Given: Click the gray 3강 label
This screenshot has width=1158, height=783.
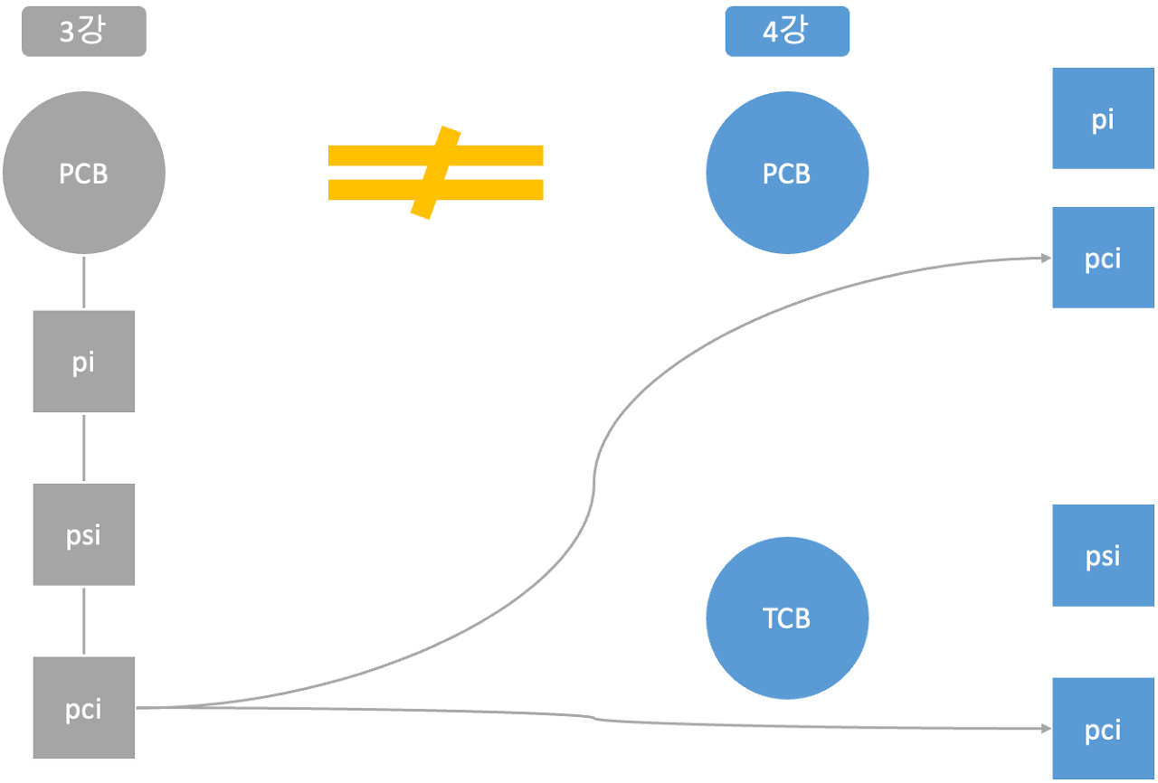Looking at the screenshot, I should [82, 32].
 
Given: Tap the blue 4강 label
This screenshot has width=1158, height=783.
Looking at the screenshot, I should [786, 32].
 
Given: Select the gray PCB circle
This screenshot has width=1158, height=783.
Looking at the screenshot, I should [84, 173].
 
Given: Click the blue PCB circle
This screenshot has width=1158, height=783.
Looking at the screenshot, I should [786, 173].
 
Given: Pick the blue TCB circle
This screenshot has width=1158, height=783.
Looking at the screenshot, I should [786, 618].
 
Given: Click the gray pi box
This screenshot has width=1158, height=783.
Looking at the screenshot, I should [84, 362].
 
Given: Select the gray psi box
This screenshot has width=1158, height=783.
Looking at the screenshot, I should [84, 534].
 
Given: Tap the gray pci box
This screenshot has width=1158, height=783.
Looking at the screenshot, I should [84, 709].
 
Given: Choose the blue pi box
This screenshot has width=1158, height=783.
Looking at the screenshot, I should [1102, 118].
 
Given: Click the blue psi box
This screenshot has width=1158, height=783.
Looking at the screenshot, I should [1102, 555].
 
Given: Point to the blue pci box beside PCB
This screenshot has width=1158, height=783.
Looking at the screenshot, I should [1102, 258].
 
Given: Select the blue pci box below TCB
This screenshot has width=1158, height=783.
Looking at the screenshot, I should [1102, 729].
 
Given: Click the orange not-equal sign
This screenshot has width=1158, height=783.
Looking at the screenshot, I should [435, 172].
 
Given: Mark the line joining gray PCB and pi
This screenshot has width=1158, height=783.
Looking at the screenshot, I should [84, 282].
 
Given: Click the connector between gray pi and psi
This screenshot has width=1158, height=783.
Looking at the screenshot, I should [84, 448].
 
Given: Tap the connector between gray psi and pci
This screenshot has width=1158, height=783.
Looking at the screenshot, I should [84, 622].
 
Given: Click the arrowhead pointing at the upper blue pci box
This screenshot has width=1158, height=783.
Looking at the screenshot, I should [1045, 259].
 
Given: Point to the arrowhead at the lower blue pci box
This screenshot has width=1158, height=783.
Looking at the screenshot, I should [1045, 728].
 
